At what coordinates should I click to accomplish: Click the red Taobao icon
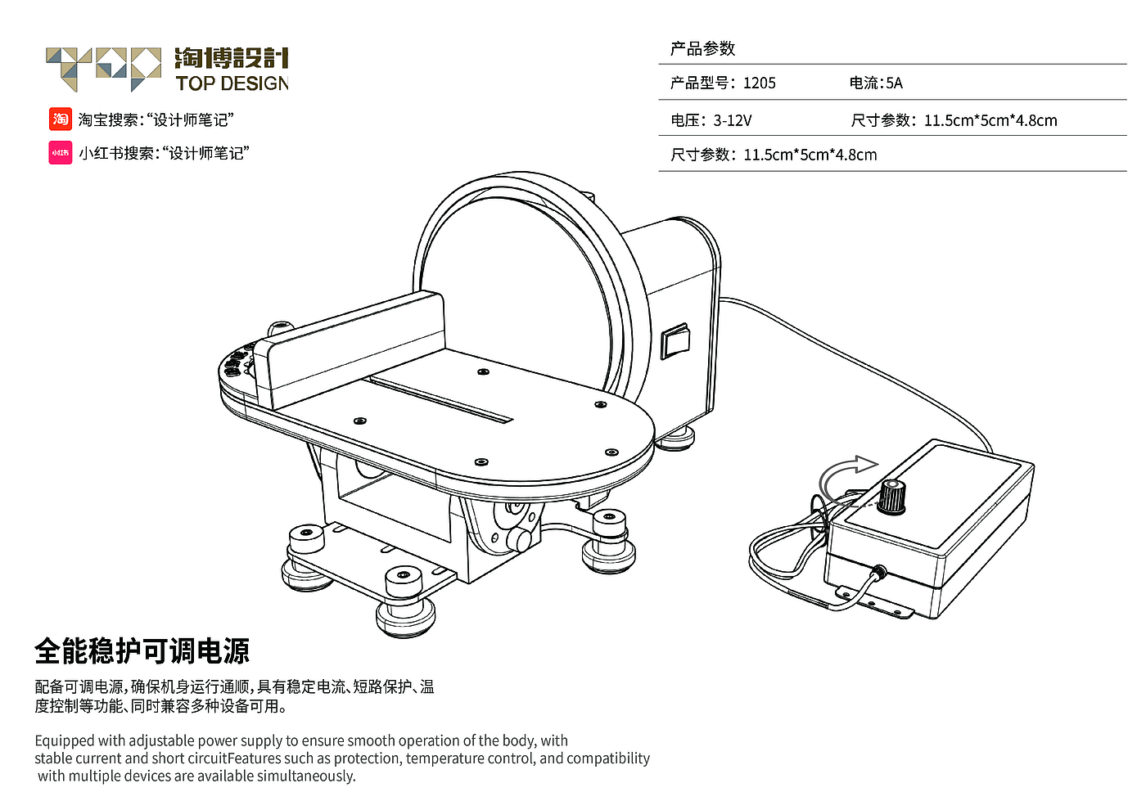[60, 119]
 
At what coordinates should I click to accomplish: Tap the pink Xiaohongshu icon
[60, 152]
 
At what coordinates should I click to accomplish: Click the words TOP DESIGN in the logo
[232, 83]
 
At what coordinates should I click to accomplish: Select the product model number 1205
[760, 83]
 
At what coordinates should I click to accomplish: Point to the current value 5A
[894, 83]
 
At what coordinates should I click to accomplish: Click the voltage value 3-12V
[733, 121]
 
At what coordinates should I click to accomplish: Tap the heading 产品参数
[702, 48]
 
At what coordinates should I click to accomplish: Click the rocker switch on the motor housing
[675, 340]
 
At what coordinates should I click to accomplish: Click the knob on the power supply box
[891, 497]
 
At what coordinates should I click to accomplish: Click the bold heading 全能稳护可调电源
[142, 651]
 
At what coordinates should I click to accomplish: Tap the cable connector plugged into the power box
[879, 572]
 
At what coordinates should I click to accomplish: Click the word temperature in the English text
[445, 758]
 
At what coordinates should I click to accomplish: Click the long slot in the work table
[441, 400]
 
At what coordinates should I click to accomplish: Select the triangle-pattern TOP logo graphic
[104, 70]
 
